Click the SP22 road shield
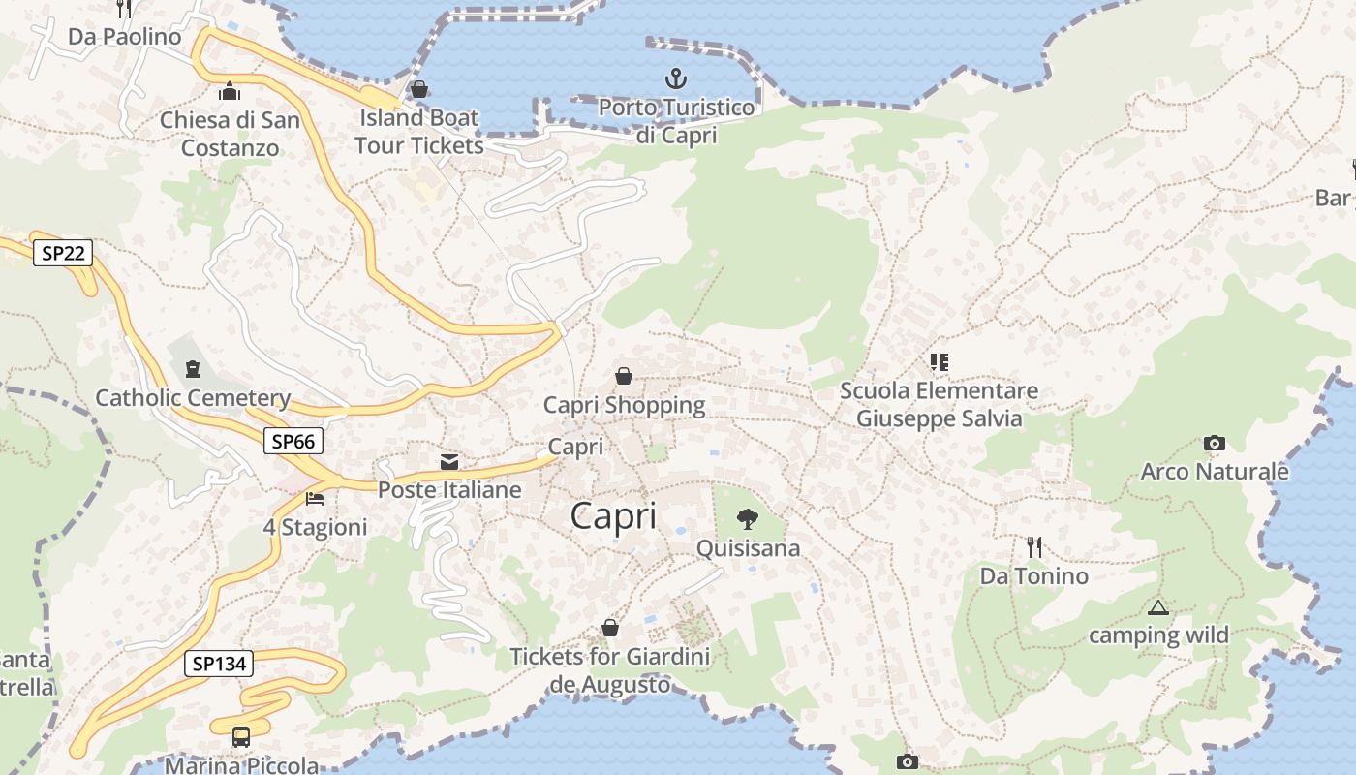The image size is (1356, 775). point(64,254)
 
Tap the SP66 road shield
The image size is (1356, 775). point(293,442)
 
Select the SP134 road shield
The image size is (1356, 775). point(219,664)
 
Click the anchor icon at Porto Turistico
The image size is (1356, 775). point(675,77)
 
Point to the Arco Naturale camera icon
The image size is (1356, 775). point(1214,443)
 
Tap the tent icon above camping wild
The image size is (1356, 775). point(1157,608)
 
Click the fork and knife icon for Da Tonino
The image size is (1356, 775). point(1034,547)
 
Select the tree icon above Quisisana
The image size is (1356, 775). point(747,519)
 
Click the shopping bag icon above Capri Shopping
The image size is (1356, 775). point(624,375)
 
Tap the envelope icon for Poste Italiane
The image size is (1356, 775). point(449,461)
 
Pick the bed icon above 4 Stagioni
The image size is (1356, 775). point(315,498)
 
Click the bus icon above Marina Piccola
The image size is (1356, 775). point(241,737)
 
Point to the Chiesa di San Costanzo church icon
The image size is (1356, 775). point(230,91)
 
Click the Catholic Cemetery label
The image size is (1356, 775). point(193,398)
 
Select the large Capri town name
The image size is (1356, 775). point(613,515)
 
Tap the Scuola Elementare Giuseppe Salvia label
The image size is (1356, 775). point(939,405)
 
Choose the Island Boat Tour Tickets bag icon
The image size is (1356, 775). point(419,89)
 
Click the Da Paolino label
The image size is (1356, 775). point(124,37)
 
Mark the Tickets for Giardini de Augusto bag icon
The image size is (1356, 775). point(610,628)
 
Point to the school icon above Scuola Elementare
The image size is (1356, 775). point(939,362)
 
